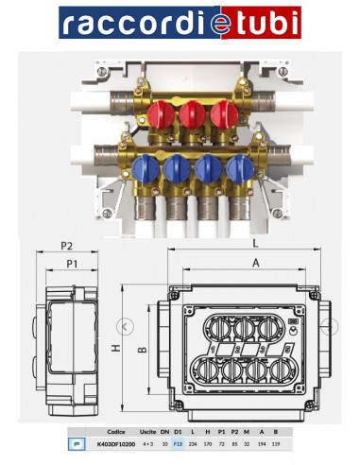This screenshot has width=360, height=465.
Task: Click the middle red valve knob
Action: coord(193,115)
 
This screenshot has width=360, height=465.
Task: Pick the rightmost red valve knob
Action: coord(223,115)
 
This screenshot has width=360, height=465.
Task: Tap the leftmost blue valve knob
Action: coord(146,170)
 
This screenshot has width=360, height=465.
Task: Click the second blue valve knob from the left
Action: coord(177,170)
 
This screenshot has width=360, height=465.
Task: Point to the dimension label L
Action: coord(255,243)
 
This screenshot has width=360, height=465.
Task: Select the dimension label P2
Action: coord(66,246)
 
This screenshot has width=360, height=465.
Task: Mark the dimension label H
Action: coord(116,349)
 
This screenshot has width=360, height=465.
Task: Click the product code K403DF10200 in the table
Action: coord(117,441)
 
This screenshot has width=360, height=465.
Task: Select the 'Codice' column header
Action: coord(117,430)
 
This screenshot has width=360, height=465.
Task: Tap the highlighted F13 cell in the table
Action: coord(177,441)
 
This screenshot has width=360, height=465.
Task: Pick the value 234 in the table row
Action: coord(192,441)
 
